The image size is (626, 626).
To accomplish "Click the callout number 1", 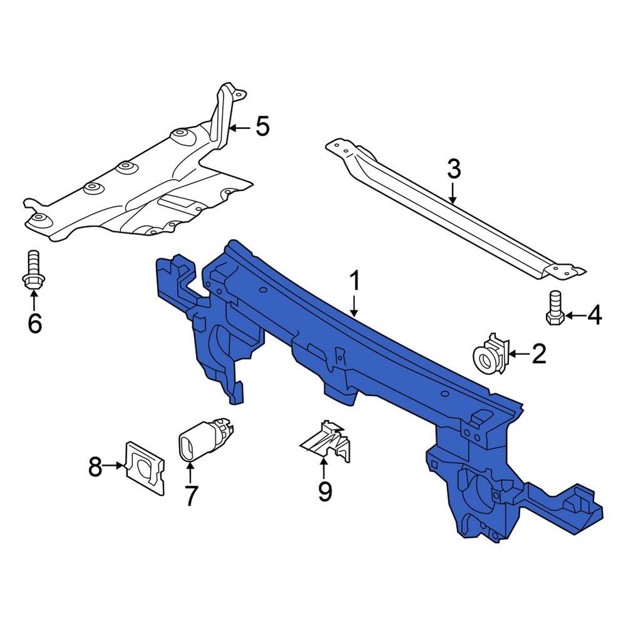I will pyautogui.click(x=354, y=281).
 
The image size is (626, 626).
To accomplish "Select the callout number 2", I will pyautogui.click(x=539, y=354).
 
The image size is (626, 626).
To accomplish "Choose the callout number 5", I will pyautogui.click(x=262, y=127).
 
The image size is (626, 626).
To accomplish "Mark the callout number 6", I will pyautogui.click(x=34, y=323).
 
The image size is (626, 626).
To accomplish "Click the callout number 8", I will pyautogui.click(x=95, y=466).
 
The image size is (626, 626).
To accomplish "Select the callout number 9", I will pyautogui.click(x=324, y=491).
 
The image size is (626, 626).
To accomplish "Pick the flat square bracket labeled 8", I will pyautogui.click(x=145, y=468).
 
